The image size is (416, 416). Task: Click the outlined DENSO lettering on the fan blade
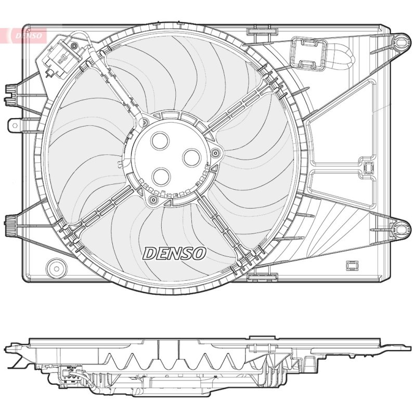tap(174, 253)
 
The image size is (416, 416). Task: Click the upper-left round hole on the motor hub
tap(160, 140)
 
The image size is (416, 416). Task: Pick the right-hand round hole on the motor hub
tap(192, 158)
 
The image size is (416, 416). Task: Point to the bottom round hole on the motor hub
tap(161, 177)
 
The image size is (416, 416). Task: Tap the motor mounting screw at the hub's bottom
tap(153, 200)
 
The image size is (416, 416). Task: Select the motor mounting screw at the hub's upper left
tap(145, 123)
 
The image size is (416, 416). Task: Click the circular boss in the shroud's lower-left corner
tap(56, 268)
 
